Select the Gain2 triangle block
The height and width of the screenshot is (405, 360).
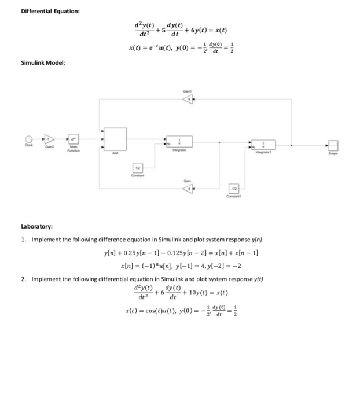pos(50,139)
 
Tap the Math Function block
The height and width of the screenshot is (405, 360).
pos(74,139)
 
